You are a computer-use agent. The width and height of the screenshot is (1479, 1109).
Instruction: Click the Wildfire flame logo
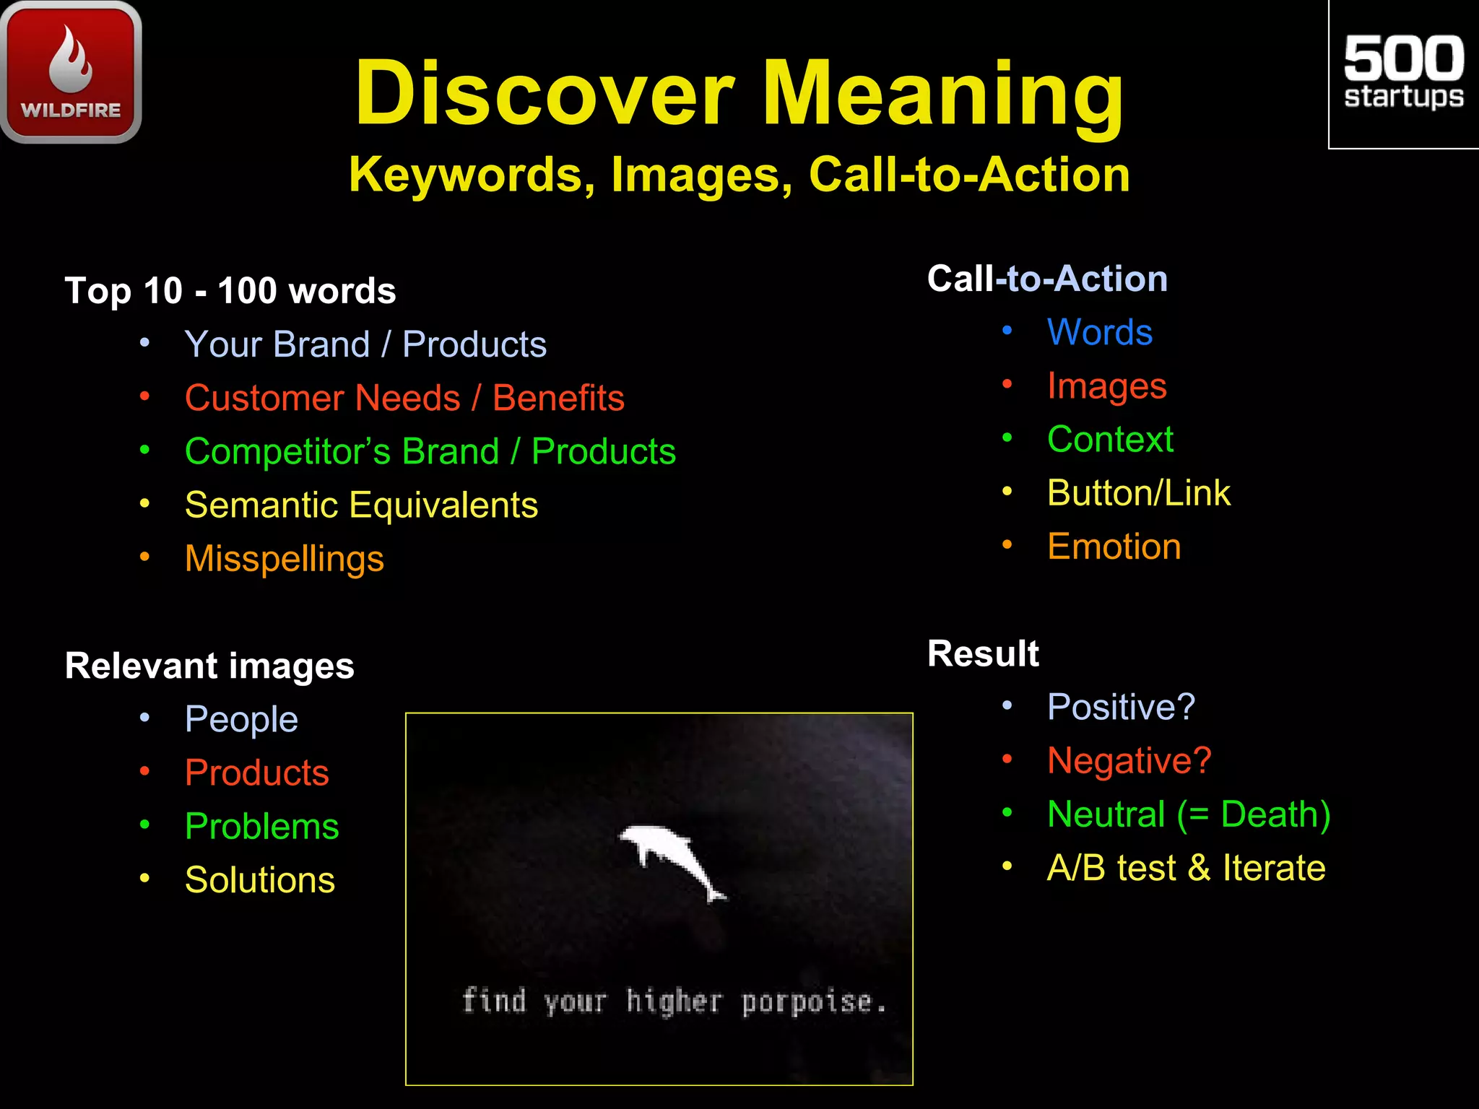71,71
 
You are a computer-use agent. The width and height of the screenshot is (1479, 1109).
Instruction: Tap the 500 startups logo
1403,73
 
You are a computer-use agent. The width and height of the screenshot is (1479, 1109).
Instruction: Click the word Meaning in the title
942,94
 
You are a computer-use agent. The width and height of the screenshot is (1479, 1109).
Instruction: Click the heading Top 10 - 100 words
230,291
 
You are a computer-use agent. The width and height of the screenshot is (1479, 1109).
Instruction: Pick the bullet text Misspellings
284,559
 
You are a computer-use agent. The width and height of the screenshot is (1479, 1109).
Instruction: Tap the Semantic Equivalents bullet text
361,505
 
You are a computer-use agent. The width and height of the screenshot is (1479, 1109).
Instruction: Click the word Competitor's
287,452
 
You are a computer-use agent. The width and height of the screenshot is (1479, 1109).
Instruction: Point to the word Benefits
558,398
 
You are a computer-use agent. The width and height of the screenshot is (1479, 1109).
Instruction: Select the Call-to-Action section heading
1047,279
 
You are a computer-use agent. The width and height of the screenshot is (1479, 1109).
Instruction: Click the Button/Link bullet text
1138,493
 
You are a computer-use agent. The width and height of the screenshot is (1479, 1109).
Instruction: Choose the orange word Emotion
1114,547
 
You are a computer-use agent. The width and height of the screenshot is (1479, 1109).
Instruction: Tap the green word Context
1110,440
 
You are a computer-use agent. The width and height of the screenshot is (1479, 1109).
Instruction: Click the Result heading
982,654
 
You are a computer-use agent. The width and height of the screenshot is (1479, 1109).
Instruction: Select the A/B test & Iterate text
1186,868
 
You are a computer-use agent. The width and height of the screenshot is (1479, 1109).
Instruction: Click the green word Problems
261,827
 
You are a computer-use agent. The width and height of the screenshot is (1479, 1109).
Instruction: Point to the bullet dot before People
145,718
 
